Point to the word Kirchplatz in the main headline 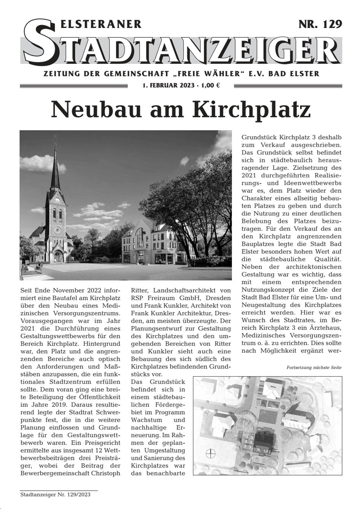(251, 110)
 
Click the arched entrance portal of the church (58, 256)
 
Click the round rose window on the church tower (58, 230)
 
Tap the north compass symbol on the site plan (210, 454)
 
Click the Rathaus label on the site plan (273, 386)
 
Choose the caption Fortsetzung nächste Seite (314, 368)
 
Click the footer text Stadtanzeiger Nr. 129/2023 (55, 495)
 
